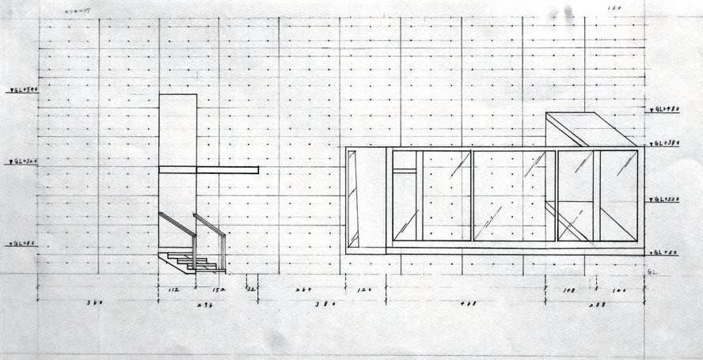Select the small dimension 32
coord(251,290)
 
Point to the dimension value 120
coord(365,290)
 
